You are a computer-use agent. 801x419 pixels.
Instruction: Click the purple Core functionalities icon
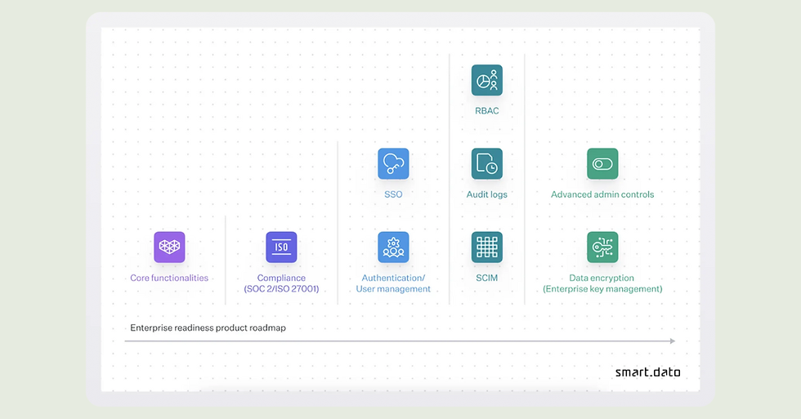click(x=169, y=247)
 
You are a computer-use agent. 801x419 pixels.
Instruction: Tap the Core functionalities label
click(x=169, y=278)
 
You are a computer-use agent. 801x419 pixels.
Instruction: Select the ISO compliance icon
click(x=281, y=247)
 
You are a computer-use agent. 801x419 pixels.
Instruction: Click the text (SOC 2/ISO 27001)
click(x=281, y=289)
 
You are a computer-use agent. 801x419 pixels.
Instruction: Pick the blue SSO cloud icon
click(x=393, y=163)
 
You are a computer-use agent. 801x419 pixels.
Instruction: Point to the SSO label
click(x=393, y=194)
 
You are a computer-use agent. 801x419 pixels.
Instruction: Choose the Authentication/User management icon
click(x=393, y=247)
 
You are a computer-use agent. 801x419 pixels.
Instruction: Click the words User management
click(x=393, y=289)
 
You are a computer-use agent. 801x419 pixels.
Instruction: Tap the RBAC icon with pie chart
click(x=487, y=80)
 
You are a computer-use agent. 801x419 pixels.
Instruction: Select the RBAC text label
click(x=487, y=111)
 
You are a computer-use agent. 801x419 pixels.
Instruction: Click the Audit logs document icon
click(x=487, y=163)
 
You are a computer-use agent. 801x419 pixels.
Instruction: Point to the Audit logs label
click(x=487, y=194)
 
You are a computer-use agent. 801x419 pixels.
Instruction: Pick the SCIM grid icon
click(x=487, y=247)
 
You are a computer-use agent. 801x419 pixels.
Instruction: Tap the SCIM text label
click(x=487, y=278)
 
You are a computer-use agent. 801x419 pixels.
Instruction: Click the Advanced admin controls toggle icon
click(x=602, y=163)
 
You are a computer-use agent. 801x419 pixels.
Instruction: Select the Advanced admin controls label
click(x=602, y=194)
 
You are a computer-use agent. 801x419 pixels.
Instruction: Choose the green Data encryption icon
click(x=602, y=247)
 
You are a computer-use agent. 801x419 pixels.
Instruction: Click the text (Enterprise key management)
click(x=602, y=289)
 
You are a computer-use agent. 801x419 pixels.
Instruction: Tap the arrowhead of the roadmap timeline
click(x=672, y=341)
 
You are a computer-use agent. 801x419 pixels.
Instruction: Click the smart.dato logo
click(x=647, y=372)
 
